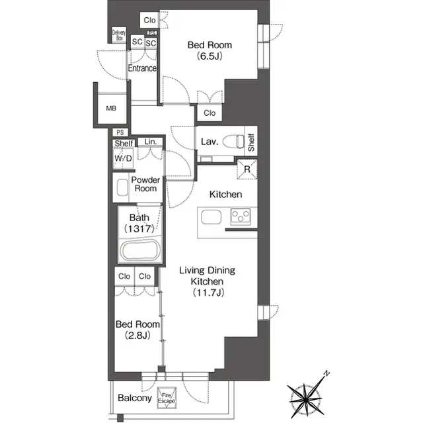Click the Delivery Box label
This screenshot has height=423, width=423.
[119, 36]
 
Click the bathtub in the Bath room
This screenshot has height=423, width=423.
[139, 252]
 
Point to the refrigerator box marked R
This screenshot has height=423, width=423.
[246, 170]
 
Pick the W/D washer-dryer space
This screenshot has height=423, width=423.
[123, 159]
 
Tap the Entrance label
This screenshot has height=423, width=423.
[142, 68]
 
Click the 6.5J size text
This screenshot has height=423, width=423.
[210, 57]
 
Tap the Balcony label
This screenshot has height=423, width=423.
[135, 399]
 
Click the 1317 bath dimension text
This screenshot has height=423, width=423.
[139, 229]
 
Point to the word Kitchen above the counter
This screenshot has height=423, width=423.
[225, 195]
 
